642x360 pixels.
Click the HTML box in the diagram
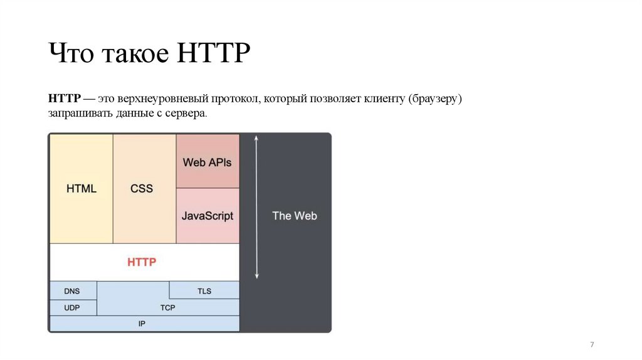coord(82,188)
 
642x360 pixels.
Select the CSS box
coord(142,188)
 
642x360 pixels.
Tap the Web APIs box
coord(207,162)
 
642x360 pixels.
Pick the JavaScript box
coord(207,216)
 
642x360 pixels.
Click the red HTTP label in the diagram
coord(142,262)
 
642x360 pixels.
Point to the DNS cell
coord(72,291)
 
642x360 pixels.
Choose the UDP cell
coord(72,308)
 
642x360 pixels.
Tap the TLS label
coord(204,291)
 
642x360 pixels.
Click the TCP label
coord(167,308)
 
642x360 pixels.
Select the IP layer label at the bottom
coord(142,324)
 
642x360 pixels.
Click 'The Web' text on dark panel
coord(294,216)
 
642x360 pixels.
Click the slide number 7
coord(592,346)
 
